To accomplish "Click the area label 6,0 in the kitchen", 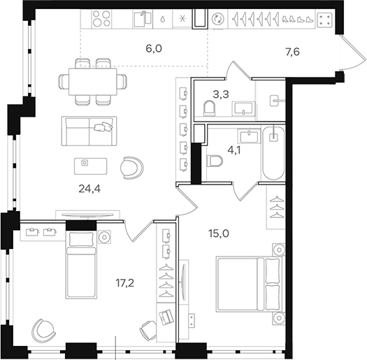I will coord(153,49).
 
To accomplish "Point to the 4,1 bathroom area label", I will coord(234,148).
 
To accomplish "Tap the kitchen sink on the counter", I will coord(144,18).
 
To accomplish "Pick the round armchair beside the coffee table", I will coord(131,166).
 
